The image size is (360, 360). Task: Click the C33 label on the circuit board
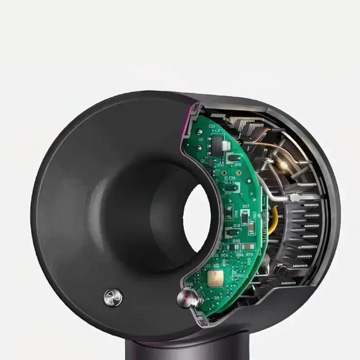tap(212, 126)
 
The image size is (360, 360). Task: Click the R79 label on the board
tap(248, 255)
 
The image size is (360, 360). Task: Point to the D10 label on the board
tap(236, 241)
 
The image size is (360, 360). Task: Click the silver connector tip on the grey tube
tap(292, 198)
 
